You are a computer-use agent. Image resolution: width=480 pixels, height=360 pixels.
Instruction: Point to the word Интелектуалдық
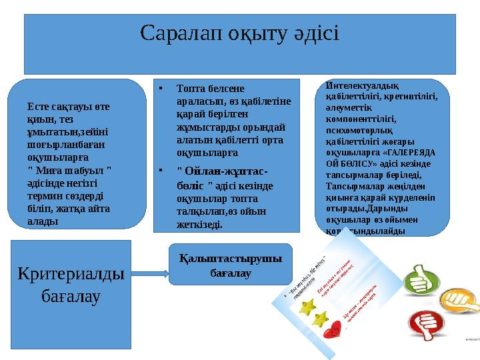click(361, 85)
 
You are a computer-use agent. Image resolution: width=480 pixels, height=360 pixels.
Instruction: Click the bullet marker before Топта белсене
click(161, 87)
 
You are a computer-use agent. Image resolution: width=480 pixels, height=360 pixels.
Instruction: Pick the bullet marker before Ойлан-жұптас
click(161, 169)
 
